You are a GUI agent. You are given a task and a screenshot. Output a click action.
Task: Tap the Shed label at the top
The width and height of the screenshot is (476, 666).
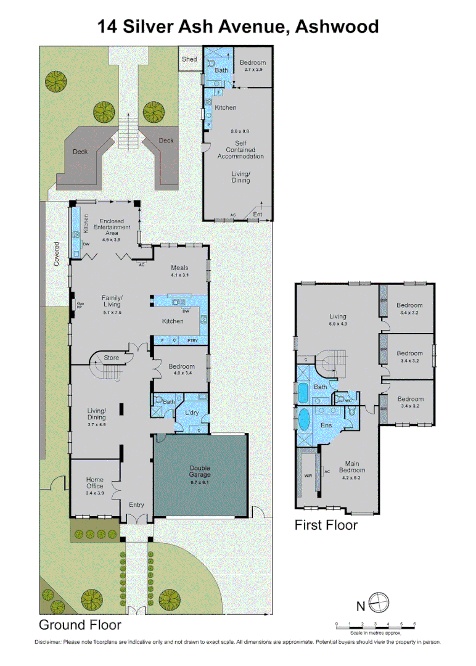[189, 59]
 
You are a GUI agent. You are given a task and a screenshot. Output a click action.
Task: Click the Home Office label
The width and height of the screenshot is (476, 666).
[94, 483]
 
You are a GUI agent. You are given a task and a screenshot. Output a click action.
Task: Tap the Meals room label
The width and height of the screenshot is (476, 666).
[179, 268]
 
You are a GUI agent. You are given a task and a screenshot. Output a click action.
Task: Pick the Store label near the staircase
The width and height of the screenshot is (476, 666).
[111, 357]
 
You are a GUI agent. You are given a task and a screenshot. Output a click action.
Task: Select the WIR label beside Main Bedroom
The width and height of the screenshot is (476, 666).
[308, 475]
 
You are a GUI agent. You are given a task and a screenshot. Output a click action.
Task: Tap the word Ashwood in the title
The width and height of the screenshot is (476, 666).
[337, 27]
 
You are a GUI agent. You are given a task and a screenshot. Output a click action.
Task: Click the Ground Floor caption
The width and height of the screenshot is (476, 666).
[80, 625]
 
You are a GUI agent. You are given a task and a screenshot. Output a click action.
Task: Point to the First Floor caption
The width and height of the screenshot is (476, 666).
[326, 525]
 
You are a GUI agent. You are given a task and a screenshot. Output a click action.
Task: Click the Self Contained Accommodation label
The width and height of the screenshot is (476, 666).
[240, 150]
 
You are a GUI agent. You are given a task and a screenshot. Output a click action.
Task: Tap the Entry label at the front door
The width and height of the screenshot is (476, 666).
[136, 504]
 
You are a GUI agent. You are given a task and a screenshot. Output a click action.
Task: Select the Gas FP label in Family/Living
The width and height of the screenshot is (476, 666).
[80, 305]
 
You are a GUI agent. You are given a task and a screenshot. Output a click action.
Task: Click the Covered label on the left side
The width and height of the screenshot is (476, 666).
[56, 253]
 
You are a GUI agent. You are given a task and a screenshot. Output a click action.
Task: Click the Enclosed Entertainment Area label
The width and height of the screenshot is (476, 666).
[111, 227]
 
